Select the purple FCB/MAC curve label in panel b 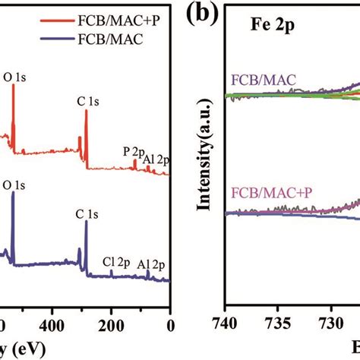click(x=264, y=79)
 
